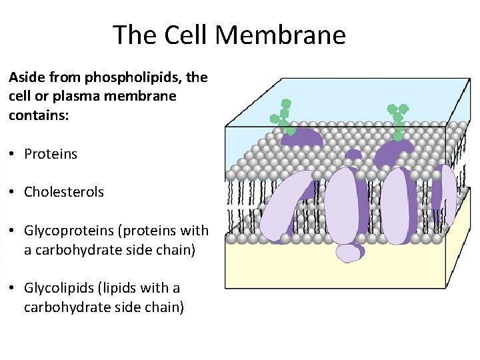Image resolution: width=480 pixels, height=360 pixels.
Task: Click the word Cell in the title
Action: pos(195,35)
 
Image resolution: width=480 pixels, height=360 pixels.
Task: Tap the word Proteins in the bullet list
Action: pos(51,154)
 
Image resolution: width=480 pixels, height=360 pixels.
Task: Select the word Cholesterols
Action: pos(64,192)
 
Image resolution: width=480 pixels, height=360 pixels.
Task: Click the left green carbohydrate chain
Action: pos(283,117)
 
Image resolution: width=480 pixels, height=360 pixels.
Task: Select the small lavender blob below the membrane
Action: pos(350,253)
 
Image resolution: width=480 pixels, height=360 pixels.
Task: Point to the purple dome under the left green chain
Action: pos(303,137)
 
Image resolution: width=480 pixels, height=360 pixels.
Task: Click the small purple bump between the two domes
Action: pos(353,155)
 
